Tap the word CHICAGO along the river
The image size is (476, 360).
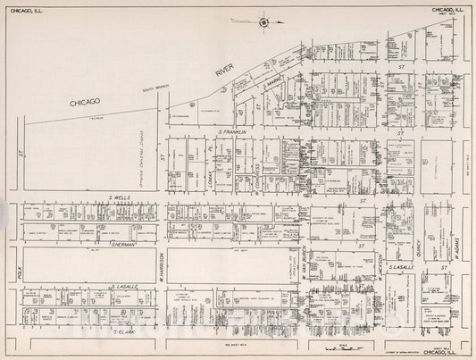[x=96, y=104]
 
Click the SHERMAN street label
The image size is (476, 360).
[x=121, y=243]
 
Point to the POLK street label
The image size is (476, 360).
[x=19, y=269]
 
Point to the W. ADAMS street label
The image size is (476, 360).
[x=455, y=247]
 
